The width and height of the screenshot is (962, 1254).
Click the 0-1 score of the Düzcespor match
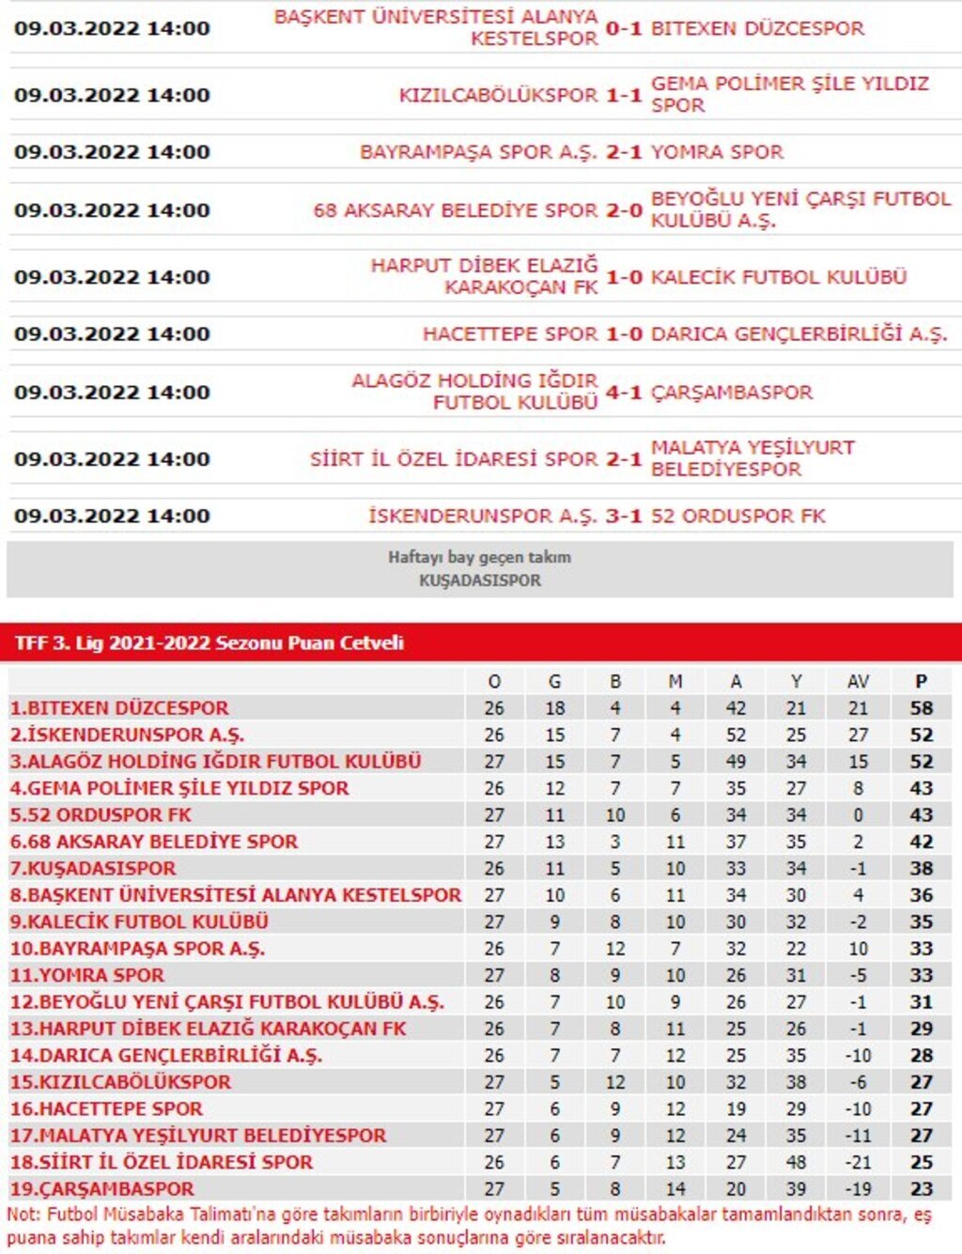coord(624,28)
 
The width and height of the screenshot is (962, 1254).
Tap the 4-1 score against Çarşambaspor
coord(624,392)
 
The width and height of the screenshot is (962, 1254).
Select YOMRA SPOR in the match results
coord(717,152)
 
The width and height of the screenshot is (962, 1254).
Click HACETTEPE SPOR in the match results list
coord(509,333)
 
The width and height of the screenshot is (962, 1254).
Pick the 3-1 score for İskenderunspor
coord(624,516)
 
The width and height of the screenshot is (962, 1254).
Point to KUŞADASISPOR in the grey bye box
coord(479,581)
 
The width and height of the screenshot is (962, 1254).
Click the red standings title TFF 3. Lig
coord(209,643)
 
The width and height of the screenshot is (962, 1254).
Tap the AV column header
coord(858,681)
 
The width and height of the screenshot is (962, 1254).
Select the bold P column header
coord(921,681)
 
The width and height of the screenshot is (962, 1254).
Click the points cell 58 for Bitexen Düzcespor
coord(921,708)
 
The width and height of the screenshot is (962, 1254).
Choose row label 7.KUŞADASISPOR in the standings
coord(93,869)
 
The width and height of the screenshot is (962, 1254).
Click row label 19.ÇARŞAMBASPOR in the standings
coord(102,1189)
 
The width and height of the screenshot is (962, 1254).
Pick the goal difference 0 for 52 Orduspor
coord(858,815)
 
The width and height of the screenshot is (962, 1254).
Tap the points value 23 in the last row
coord(921,1189)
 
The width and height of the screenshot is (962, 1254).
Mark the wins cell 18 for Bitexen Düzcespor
coord(554,708)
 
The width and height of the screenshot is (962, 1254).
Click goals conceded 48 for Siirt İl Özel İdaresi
coord(796,1162)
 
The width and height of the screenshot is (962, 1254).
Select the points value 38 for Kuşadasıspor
coord(921,869)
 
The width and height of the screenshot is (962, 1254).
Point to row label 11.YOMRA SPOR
coord(87,976)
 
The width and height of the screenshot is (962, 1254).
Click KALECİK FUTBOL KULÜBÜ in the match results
coord(779,277)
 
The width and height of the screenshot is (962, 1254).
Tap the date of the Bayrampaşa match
coord(112,152)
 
